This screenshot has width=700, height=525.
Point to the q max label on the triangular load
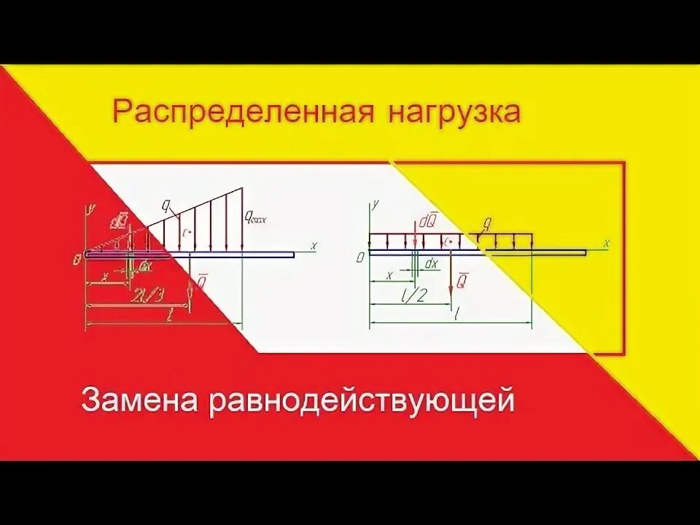pyautogui.click(x=259, y=217)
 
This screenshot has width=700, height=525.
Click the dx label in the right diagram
pyautogui.click(x=432, y=263)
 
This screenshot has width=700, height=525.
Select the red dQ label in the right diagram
pyautogui.click(x=428, y=219)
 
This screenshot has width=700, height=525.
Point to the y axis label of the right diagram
pyautogui.click(x=375, y=205)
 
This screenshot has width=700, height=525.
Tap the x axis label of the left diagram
pyautogui.click(x=314, y=246)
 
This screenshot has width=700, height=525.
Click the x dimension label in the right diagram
pyautogui.click(x=389, y=275)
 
